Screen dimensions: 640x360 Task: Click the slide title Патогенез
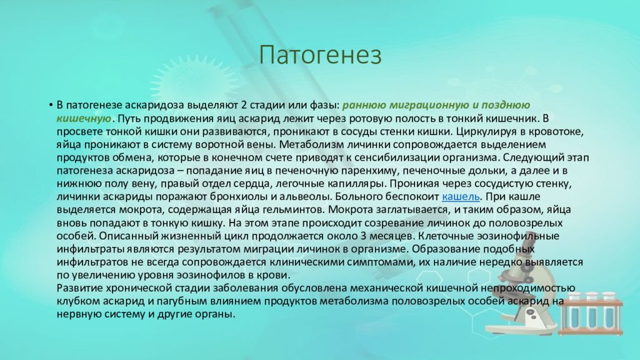coord(321,55)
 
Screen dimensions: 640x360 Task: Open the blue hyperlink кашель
coord(461,197)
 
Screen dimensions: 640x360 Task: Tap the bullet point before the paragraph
coord(51,105)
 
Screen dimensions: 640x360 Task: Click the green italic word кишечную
coord(84,118)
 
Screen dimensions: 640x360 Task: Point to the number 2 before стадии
coord(244,105)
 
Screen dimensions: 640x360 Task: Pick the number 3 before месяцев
coord(363,236)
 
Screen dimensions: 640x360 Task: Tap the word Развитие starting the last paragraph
coord(79,288)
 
